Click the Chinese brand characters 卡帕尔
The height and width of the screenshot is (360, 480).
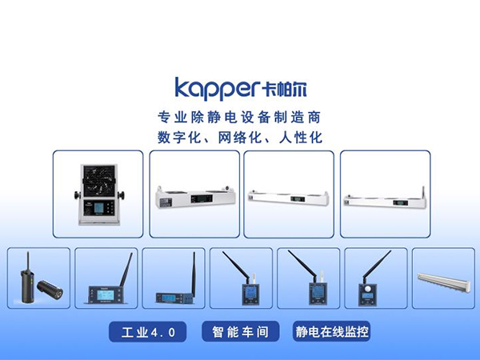(284, 90)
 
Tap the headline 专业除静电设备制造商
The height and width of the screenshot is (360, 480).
(239, 118)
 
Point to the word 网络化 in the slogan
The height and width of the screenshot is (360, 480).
(239, 138)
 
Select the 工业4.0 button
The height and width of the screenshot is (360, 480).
(148, 332)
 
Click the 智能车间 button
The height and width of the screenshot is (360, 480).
(240, 331)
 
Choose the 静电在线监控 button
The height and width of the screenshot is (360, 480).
(331, 331)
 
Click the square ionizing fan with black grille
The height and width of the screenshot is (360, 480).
(98, 194)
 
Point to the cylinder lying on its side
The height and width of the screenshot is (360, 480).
(50, 289)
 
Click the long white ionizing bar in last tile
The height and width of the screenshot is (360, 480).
(443, 282)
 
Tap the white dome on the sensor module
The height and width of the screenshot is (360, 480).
(367, 288)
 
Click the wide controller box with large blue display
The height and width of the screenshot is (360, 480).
(106, 294)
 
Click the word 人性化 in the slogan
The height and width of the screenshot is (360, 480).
(301, 138)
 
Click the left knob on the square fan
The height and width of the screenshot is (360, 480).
(77, 194)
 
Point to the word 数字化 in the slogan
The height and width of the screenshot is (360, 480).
(179, 138)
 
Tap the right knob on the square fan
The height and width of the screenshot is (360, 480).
(122, 194)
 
